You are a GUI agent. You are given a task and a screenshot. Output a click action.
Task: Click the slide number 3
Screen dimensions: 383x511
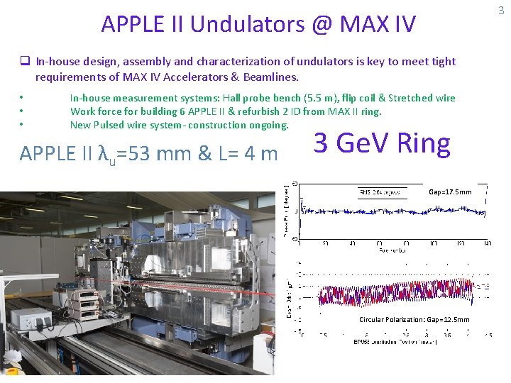tap(501, 10)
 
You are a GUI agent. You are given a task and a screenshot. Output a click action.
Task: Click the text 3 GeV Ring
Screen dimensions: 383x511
tap(382, 143)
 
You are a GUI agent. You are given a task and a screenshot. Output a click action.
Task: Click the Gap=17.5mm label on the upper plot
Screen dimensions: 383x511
tap(450, 191)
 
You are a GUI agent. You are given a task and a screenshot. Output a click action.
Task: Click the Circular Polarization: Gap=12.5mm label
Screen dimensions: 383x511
tap(414, 319)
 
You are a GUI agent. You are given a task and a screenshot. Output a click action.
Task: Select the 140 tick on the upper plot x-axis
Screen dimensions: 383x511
tap(487, 243)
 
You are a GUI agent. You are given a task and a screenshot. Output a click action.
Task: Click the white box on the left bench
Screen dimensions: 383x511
tap(36, 318)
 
